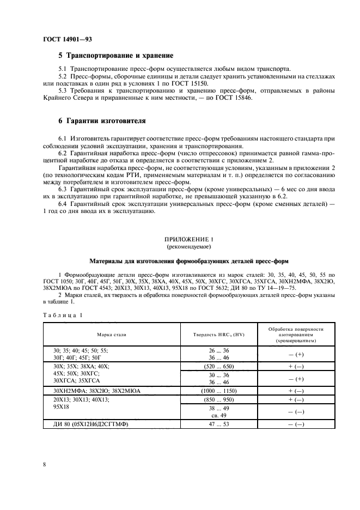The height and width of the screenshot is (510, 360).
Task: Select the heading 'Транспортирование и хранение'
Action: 115,56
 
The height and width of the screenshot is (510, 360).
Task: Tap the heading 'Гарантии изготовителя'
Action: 102,120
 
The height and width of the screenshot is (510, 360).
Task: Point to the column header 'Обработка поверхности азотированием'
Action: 295,334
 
